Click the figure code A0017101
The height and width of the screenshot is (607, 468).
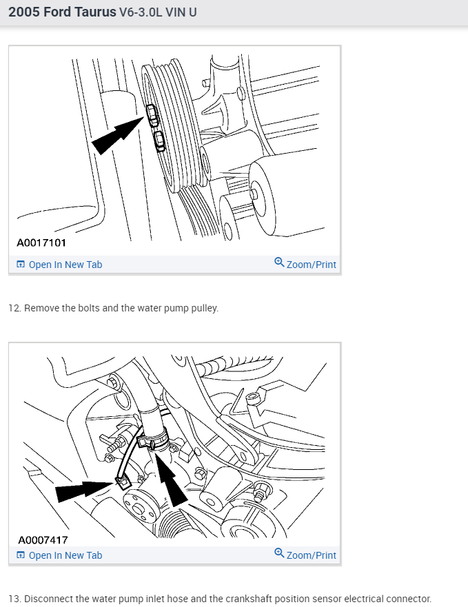pos(41,243)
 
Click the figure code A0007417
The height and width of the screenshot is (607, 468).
pos(43,539)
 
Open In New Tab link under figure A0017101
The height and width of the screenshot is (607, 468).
pos(59,265)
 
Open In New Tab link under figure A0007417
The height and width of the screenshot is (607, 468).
pos(59,555)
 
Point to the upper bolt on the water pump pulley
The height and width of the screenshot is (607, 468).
pos(152,115)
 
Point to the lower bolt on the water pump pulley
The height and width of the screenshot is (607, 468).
pos(159,141)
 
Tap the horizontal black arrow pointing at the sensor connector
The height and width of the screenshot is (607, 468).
pos(85,491)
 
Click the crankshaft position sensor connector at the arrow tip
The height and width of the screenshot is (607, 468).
pos(123,483)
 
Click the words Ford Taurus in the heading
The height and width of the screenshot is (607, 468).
pos(80,12)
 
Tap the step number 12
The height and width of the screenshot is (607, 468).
pos(14,308)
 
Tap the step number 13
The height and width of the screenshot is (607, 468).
pos(14,599)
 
